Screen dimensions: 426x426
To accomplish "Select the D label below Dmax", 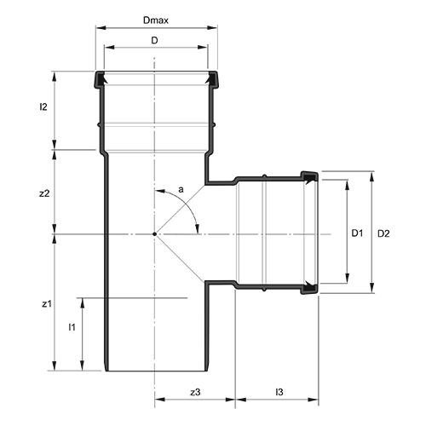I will (154, 40).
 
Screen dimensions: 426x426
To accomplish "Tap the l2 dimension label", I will (43, 108).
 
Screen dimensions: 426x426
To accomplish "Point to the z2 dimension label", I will (45, 193).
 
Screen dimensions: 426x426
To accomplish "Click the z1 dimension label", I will (46, 302).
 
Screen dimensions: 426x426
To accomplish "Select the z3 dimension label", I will (194, 391).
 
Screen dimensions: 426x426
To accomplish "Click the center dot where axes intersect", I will (154, 233).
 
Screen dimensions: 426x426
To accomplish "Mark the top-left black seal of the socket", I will (100, 79).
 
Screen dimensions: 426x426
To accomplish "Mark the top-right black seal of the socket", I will (210, 79).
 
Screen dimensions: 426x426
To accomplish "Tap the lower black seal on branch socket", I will (309, 288).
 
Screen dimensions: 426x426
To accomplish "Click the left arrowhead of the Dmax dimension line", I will (96, 27).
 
